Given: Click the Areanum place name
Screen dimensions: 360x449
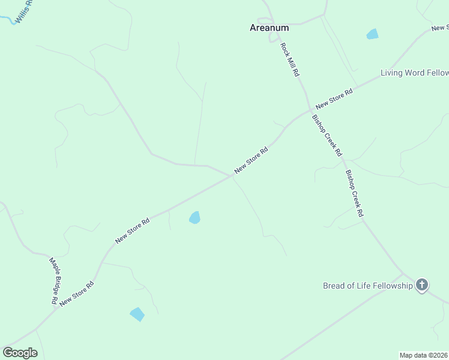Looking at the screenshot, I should pyautogui.click(x=269, y=28).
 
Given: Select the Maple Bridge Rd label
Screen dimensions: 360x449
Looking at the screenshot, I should pyautogui.click(x=54, y=281).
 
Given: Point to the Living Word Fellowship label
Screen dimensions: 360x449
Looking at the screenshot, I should pyautogui.click(x=414, y=73).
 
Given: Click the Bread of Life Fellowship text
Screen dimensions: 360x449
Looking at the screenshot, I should pyautogui.click(x=368, y=286).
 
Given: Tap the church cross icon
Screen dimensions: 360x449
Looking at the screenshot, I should pyautogui.click(x=422, y=285).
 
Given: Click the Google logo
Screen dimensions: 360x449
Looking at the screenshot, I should pyautogui.click(x=20, y=353).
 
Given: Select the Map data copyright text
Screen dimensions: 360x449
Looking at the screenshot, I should pyautogui.click(x=424, y=355).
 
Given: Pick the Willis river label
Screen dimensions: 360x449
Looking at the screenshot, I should pyautogui.click(x=24, y=12).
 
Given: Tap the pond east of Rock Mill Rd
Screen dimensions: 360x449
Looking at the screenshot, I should pyautogui.click(x=373, y=34).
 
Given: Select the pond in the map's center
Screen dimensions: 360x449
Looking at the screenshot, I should pyautogui.click(x=194, y=218).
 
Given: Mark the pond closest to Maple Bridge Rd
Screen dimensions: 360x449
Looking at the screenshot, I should pyautogui.click(x=137, y=314).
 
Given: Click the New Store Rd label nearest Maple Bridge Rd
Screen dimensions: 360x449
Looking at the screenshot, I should pyautogui.click(x=77, y=295).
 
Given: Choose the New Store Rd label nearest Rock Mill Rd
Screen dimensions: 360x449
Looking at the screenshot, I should pyautogui.click(x=334, y=97).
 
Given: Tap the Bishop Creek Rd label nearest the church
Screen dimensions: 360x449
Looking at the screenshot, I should pyautogui.click(x=354, y=193).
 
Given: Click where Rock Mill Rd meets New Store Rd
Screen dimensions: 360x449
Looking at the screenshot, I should pyautogui.click(x=310, y=110).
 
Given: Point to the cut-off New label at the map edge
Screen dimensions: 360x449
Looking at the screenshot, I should pyautogui.click(x=440, y=28).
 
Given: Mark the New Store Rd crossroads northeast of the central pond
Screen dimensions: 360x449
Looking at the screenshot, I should pyautogui.click(x=233, y=176).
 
